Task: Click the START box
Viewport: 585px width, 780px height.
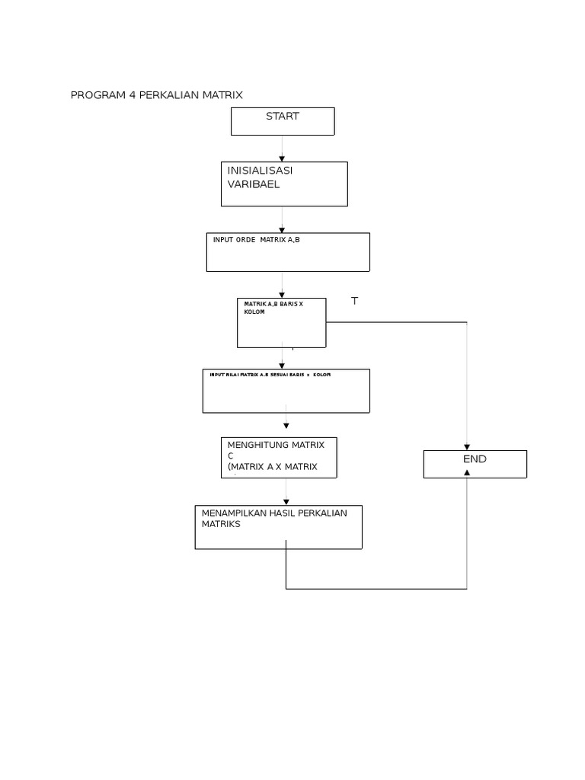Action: pyautogui.click(x=283, y=121)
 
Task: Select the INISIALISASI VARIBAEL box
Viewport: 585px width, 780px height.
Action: pyautogui.click(x=284, y=184)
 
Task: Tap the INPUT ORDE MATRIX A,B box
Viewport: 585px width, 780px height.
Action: pyautogui.click(x=288, y=252)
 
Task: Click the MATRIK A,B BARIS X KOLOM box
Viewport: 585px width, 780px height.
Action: pyautogui.click(x=282, y=323)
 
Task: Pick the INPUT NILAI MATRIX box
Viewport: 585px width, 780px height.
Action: pyautogui.click(x=286, y=391)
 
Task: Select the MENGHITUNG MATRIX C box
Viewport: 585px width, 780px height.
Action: pyautogui.click(x=279, y=458)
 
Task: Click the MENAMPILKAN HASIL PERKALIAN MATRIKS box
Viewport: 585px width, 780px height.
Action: pyautogui.click(x=278, y=527)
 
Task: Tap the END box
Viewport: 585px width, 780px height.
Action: pyautogui.click(x=475, y=464)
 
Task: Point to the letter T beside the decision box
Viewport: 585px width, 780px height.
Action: pyautogui.click(x=354, y=302)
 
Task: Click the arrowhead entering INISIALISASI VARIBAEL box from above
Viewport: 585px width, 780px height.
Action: pyautogui.click(x=282, y=158)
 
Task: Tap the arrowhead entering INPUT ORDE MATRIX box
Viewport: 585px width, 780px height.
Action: pyautogui.click(x=282, y=229)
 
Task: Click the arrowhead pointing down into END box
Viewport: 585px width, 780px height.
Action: pyautogui.click(x=467, y=447)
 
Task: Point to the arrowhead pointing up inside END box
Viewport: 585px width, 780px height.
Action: pyautogui.click(x=467, y=472)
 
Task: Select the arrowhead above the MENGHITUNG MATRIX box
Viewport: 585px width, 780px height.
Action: pyautogui.click(x=286, y=427)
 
